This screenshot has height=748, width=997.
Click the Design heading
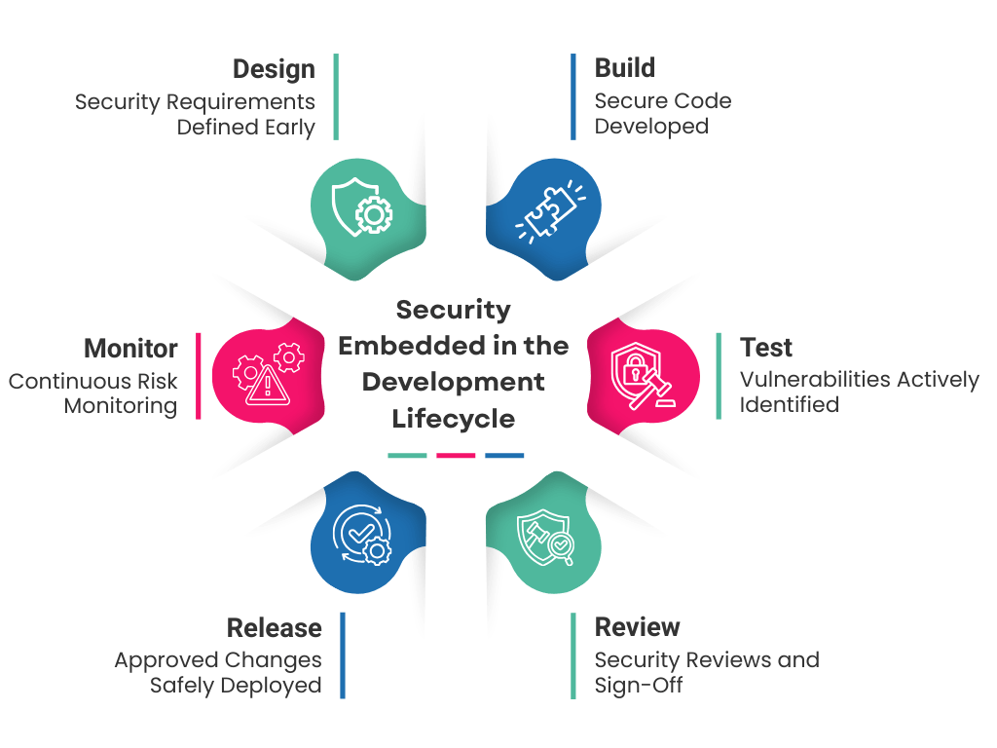274,70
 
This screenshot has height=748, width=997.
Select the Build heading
625,68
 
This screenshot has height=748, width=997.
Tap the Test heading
766,348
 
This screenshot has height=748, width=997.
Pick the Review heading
637,626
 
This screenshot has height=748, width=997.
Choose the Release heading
274,627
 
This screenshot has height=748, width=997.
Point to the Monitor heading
130,349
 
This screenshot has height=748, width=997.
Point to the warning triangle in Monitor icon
266,388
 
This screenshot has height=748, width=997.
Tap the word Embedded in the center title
404,346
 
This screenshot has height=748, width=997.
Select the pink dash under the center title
456,456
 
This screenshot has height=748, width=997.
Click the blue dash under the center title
504,456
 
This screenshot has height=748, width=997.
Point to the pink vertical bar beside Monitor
199,376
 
